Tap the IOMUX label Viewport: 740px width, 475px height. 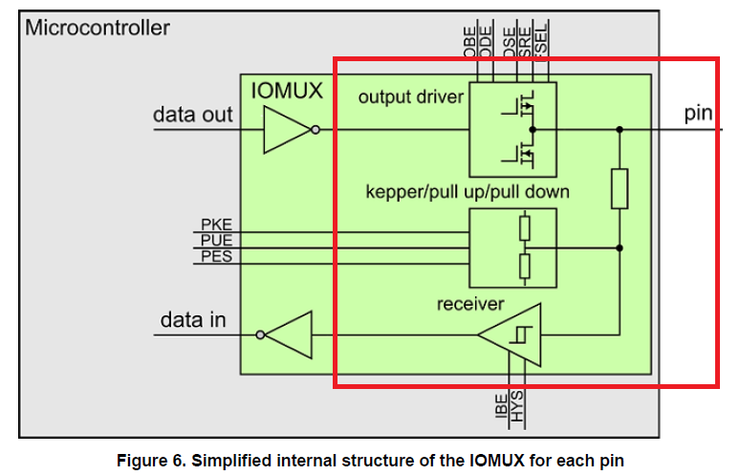click(x=287, y=92)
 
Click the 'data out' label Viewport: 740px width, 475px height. click(x=192, y=115)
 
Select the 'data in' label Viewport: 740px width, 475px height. click(x=192, y=320)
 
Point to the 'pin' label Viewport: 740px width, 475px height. click(x=699, y=114)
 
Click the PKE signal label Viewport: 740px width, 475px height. click(x=215, y=225)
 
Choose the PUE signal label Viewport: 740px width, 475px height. click(x=215, y=240)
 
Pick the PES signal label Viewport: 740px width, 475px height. click(x=215, y=255)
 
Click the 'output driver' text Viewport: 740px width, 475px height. click(x=411, y=97)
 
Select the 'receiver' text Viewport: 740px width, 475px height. click(x=470, y=304)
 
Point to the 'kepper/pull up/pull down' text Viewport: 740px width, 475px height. click(x=468, y=192)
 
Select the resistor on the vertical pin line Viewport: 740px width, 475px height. click(x=620, y=188)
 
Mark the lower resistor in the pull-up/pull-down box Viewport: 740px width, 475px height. click(x=524, y=267)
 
